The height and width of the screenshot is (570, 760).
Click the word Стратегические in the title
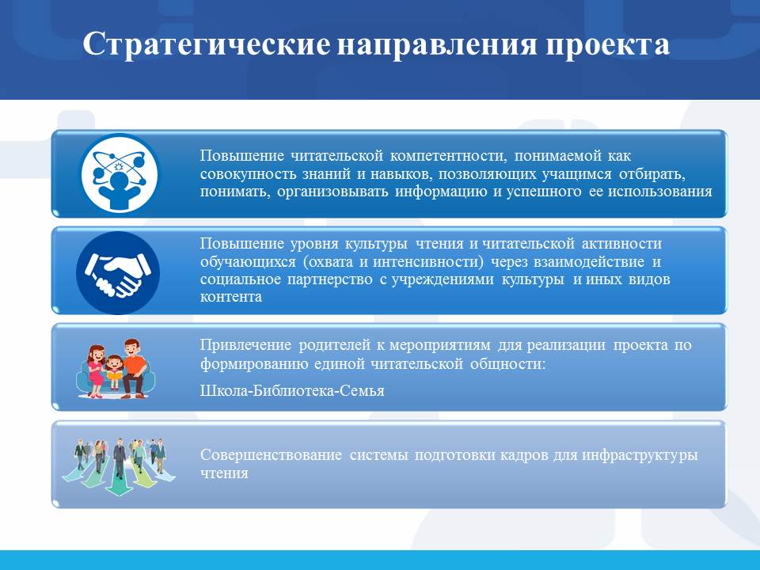(x=207, y=45)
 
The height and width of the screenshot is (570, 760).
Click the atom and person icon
(x=120, y=173)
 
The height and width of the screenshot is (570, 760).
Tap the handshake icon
(x=118, y=273)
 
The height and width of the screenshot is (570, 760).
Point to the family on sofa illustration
(x=116, y=368)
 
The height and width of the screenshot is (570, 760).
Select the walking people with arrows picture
(x=119, y=466)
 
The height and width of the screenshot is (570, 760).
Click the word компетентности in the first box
(x=448, y=156)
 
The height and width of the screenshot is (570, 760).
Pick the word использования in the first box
(x=660, y=192)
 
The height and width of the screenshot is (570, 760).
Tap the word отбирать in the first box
(x=652, y=174)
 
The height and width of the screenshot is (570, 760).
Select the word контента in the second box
(x=231, y=297)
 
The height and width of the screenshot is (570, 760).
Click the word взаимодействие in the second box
(x=589, y=262)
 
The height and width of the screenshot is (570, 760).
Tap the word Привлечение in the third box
(x=245, y=345)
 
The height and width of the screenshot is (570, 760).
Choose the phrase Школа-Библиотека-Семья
(x=292, y=390)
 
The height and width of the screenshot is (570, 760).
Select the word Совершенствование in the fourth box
(x=271, y=455)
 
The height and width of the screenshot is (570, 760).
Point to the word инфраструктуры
(x=640, y=456)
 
